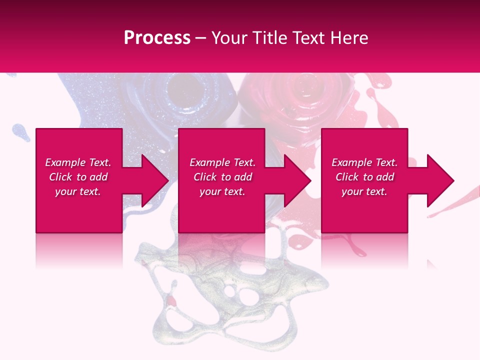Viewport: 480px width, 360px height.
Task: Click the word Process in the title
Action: pyautogui.click(x=157, y=38)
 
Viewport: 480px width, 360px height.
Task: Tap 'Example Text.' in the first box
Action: pyautogui.click(x=78, y=162)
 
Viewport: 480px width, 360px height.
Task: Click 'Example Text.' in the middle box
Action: pyautogui.click(x=222, y=162)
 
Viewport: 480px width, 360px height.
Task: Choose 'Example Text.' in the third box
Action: pyautogui.click(x=364, y=162)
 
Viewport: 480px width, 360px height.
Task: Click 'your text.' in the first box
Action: pyautogui.click(x=78, y=191)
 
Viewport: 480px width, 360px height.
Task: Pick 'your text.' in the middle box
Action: pyautogui.click(x=222, y=191)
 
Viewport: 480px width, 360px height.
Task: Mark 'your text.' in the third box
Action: pyautogui.click(x=364, y=191)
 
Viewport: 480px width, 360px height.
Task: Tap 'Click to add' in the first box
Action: pyautogui.click(x=78, y=177)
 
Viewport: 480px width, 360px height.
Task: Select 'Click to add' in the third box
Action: pyautogui.click(x=364, y=177)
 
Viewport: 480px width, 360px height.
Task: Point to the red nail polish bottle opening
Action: pyautogui.click(x=305, y=87)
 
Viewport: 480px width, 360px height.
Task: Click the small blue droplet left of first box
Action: pyautogui.click(x=18, y=131)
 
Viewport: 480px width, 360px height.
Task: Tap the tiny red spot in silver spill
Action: pyautogui.click(x=171, y=300)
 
